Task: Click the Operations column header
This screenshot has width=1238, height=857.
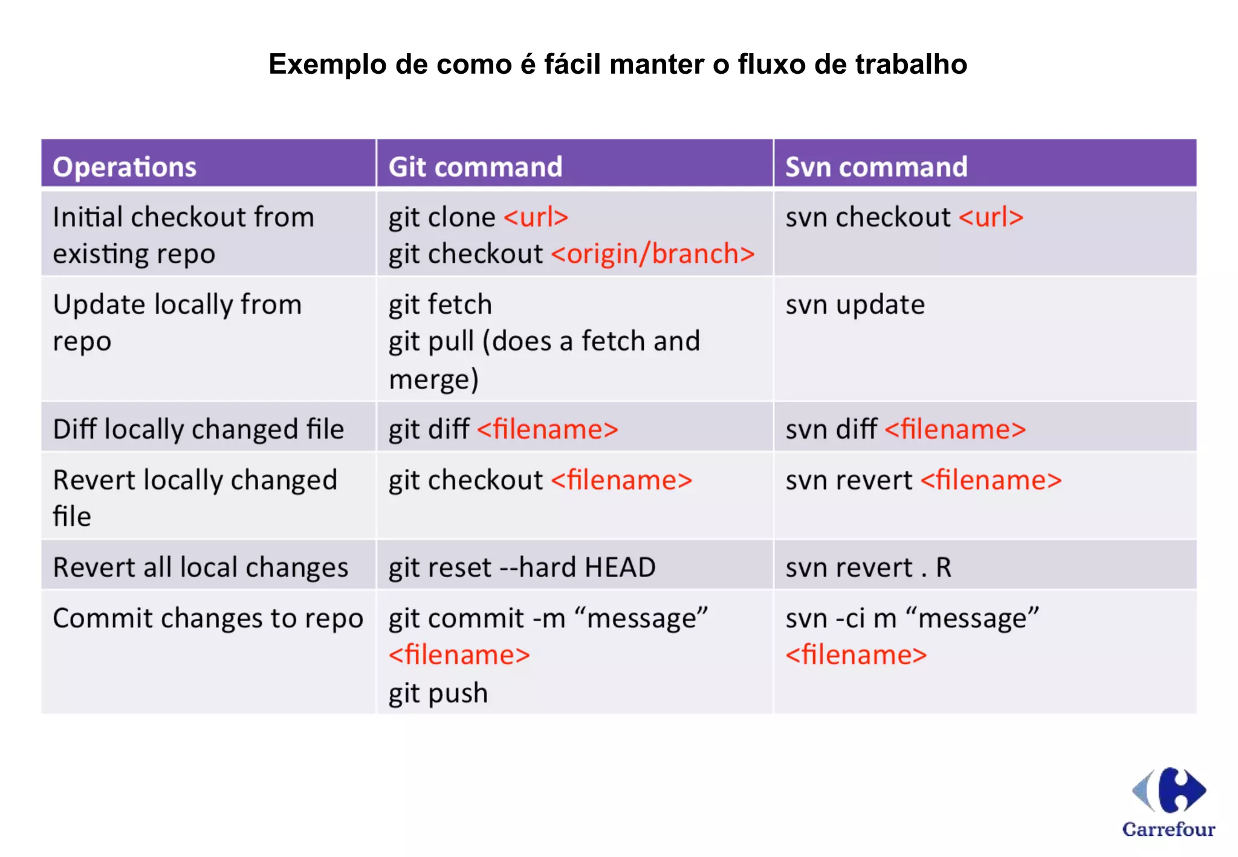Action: coord(125,167)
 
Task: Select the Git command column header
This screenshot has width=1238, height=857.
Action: coord(475,167)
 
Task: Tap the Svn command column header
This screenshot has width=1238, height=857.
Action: coord(876,167)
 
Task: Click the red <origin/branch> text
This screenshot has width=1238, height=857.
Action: coord(653,254)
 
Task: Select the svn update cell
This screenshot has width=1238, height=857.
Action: coord(855,305)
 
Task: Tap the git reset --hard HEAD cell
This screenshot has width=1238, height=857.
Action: coord(522,568)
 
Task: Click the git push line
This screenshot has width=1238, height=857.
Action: coord(438,693)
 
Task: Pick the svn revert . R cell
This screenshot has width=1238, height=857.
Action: coord(868,568)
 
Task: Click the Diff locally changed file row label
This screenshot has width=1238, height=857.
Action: coord(198,429)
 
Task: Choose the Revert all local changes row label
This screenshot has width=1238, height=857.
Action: coord(200,568)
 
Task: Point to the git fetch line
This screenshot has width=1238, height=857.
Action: coord(440,305)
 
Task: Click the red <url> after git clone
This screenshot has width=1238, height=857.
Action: coord(536,217)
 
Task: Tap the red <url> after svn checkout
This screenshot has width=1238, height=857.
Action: coord(991,217)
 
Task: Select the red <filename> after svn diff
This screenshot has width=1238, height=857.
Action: coord(955,429)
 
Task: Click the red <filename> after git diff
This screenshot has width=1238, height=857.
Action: coord(548,429)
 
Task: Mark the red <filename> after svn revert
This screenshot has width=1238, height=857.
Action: coord(991,480)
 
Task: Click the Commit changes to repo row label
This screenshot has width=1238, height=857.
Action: coord(208,618)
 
